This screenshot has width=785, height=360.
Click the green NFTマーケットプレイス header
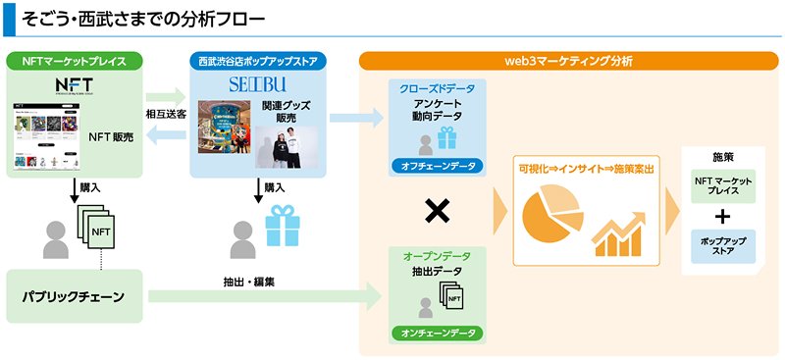click(74, 61)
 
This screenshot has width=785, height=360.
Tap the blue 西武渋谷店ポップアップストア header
click(258, 61)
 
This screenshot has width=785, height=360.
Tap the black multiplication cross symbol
click(437, 210)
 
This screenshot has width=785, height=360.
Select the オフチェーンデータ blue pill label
click(437, 166)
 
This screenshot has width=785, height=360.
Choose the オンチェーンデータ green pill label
click(437, 334)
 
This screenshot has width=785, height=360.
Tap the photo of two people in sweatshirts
click(283, 144)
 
